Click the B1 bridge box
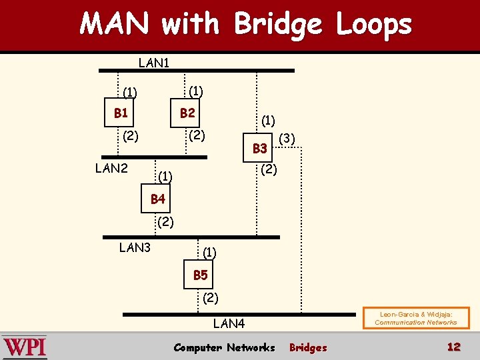(x=121, y=113)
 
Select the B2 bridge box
(x=187, y=113)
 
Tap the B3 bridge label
(x=259, y=148)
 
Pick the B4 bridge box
(x=157, y=199)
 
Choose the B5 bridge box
(x=200, y=275)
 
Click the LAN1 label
(x=154, y=63)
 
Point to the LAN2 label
(x=111, y=168)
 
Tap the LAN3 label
(x=135, y=248)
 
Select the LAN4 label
(x=229, y=324)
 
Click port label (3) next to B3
(x=287, y=139)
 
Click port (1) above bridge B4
(x=165, y=177)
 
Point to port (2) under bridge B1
(x=130, y=137)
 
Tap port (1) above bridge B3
(x=268, y=121)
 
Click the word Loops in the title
(x=373, y=25)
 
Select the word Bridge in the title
(x=277, y=25)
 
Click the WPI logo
(x=25, y=347)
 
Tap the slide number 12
(x=453, y=347)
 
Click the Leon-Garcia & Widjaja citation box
(x=415, y=318)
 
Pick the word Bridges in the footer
(x=308, y=347)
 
